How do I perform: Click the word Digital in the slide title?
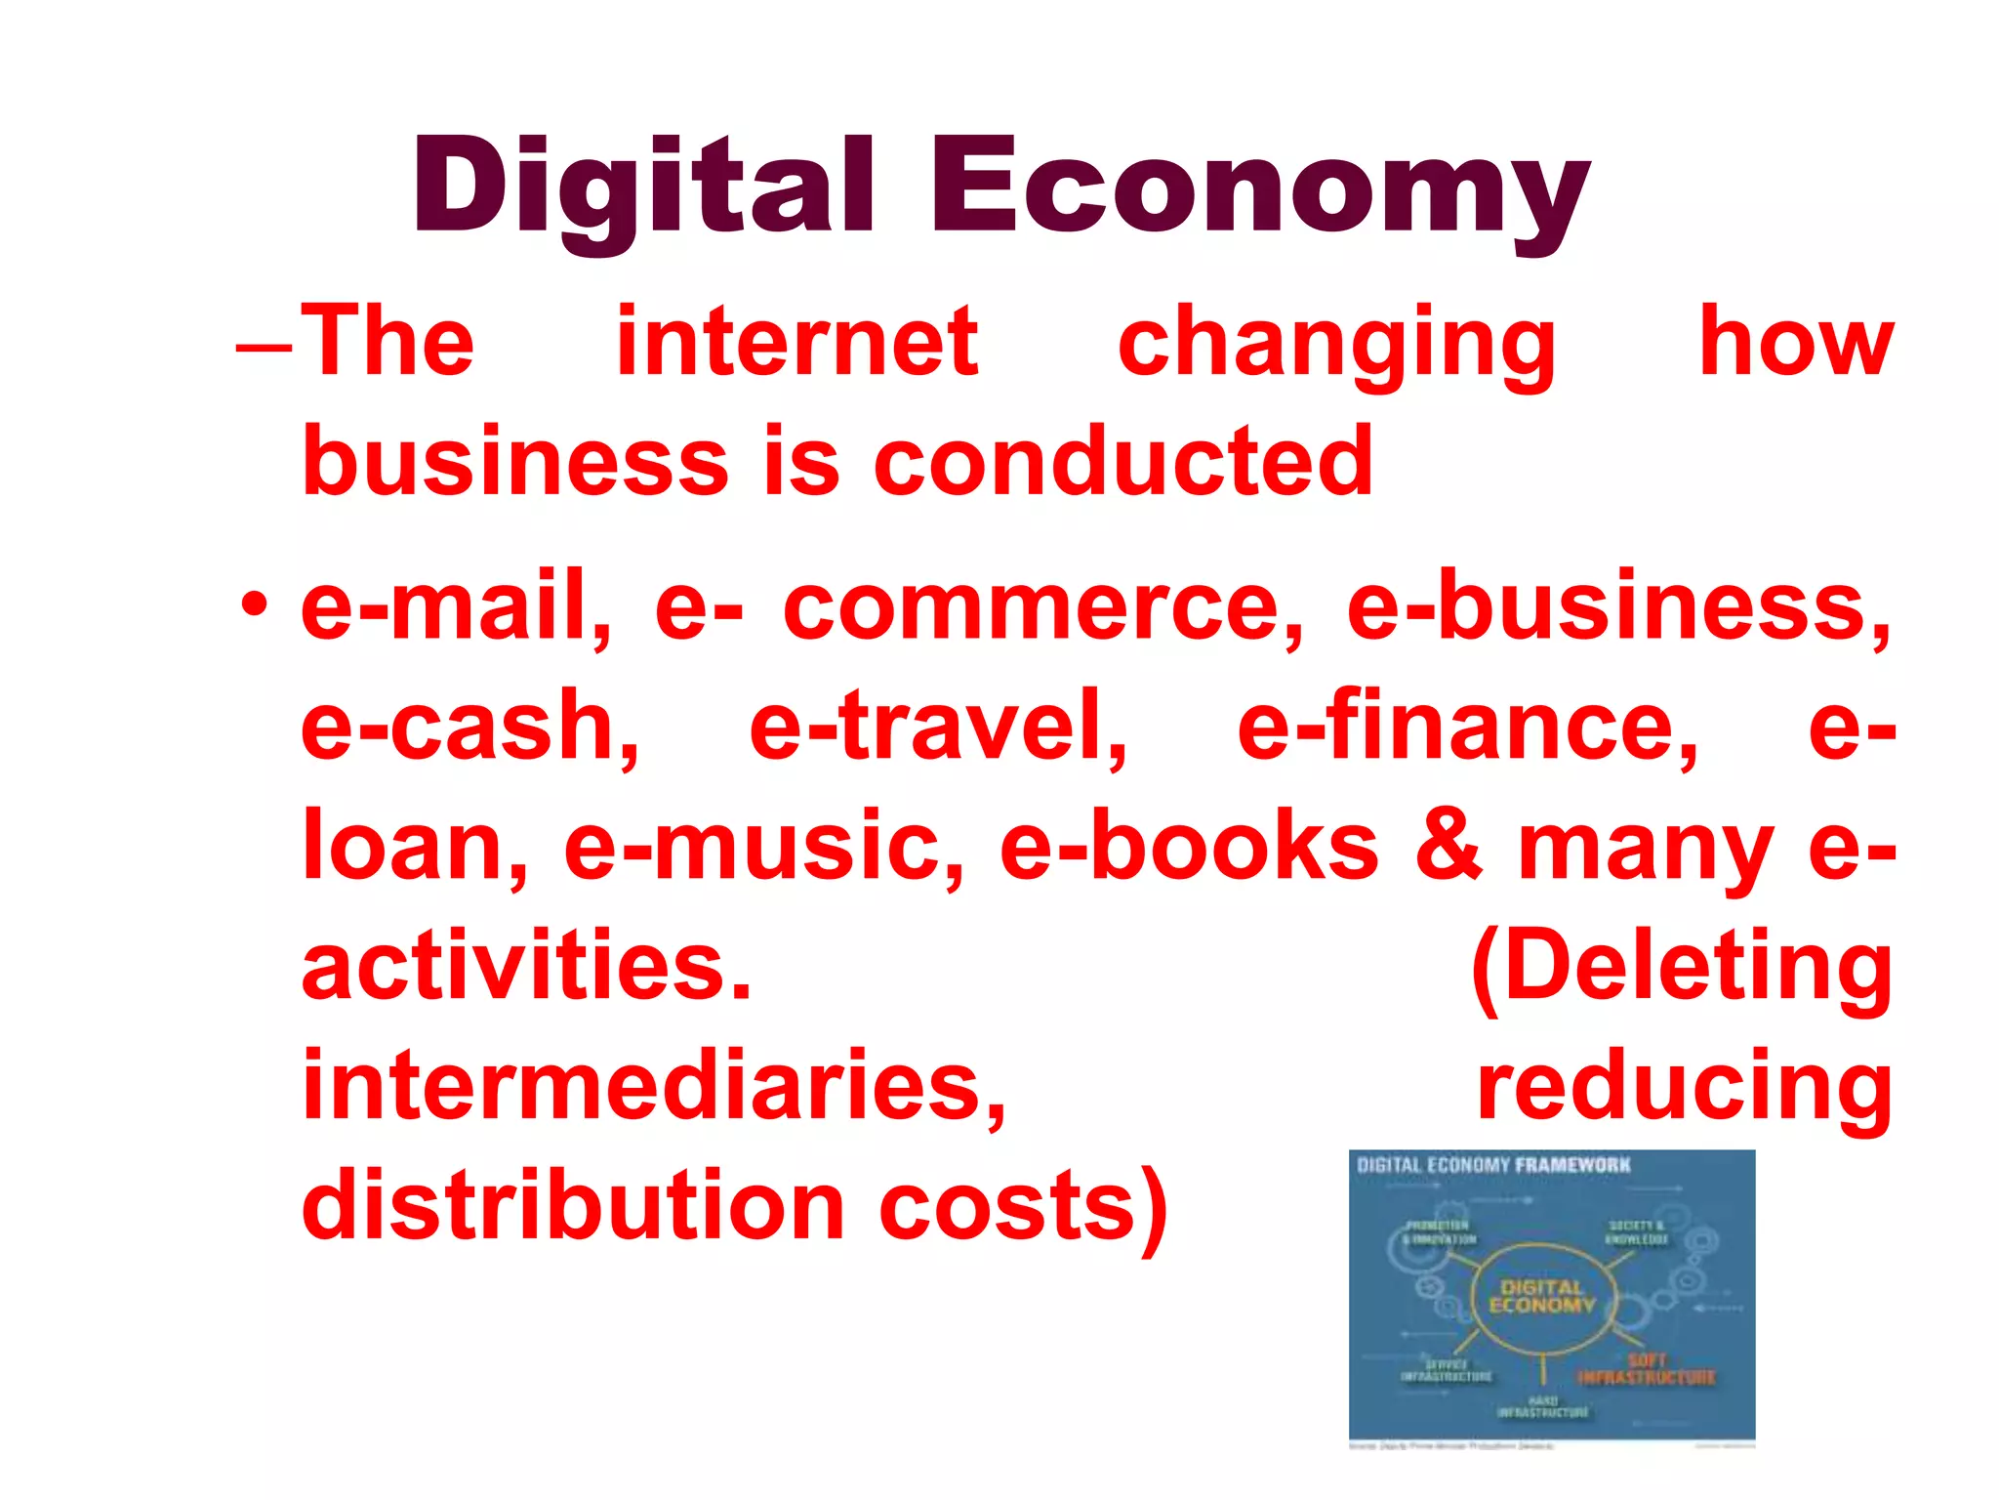click(642, 187)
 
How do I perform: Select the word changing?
click(1336, 344)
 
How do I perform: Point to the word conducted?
click(1123, 461)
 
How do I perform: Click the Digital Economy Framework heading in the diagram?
click(1493, 1165)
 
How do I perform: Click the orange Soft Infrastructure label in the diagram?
click(1647, 1369)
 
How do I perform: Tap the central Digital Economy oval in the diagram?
click(1541, 1297)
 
